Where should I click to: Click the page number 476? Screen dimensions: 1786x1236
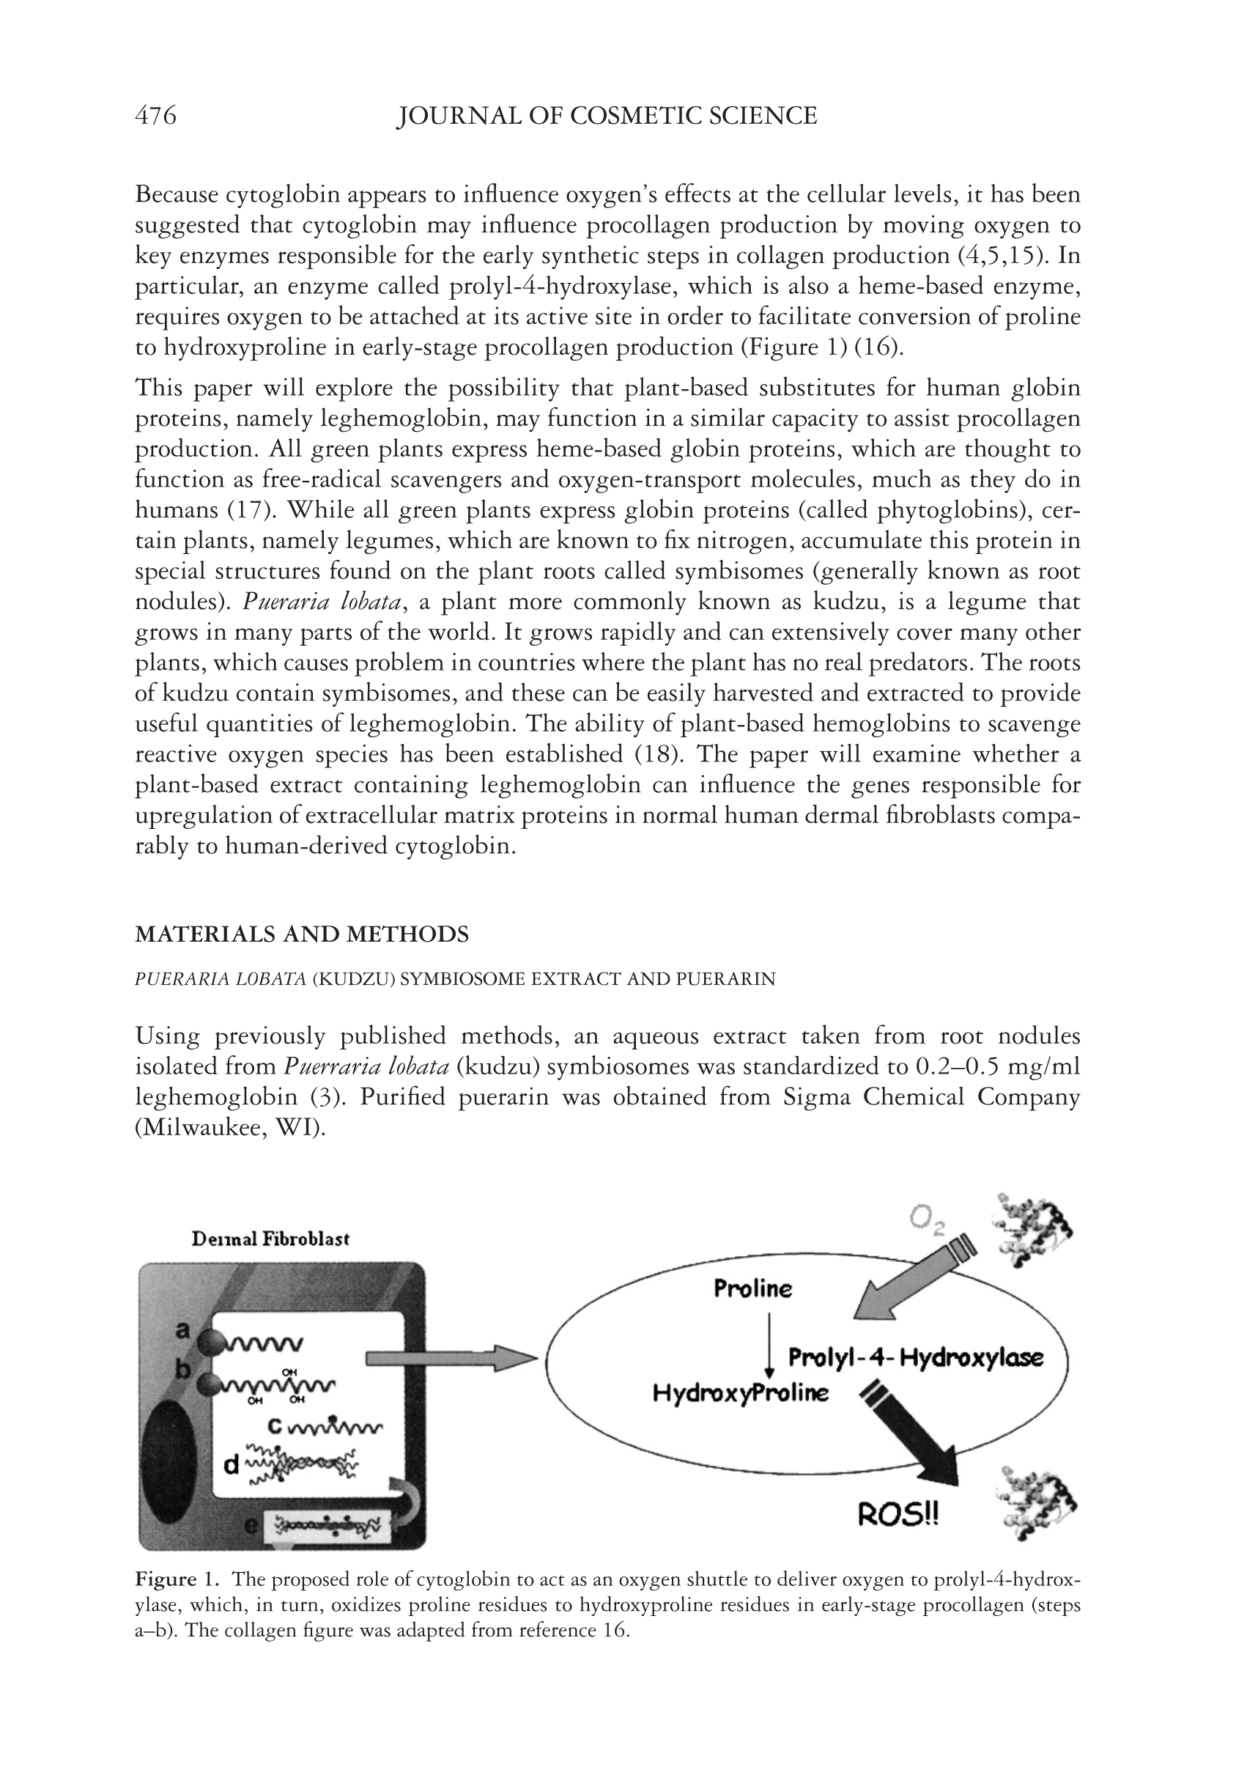pos(155,117)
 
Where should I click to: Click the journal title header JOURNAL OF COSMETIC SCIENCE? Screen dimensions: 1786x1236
pos(607,117)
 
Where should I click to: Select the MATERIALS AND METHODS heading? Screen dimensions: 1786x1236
pos(302,934)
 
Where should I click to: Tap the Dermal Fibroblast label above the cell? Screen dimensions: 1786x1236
pos(270,1239)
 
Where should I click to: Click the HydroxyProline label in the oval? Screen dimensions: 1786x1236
pos(741,1393)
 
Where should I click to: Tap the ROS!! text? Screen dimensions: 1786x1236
pos(898,1515)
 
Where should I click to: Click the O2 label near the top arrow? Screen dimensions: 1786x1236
pos(925,1221)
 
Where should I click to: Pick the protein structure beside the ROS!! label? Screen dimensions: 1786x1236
pos(1036,1503)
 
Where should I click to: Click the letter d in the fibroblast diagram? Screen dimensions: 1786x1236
pos(231,1464)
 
